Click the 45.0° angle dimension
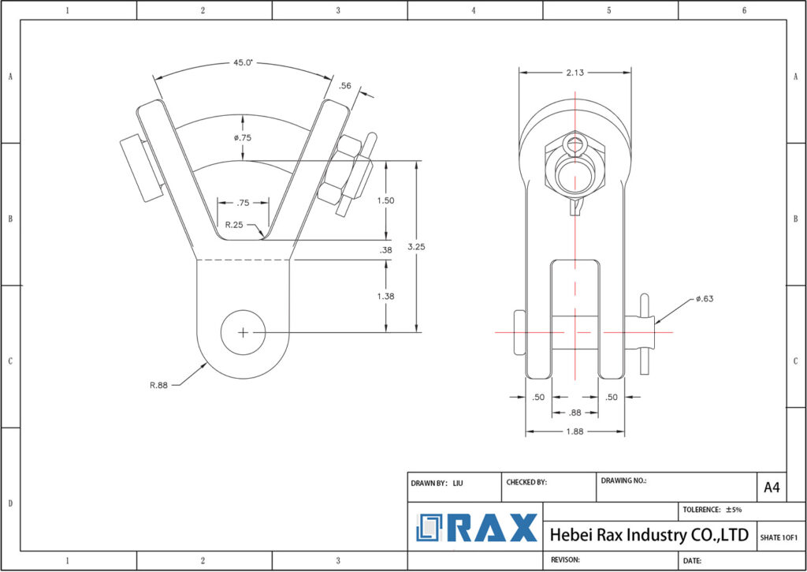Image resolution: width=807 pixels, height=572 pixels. pos(243,62)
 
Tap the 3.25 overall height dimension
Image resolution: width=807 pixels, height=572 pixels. pos(440,246)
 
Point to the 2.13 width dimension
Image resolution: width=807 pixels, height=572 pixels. pos(575,73)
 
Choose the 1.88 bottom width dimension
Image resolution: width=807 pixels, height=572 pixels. pos(575,432)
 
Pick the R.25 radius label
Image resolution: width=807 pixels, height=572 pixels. pos(234,225)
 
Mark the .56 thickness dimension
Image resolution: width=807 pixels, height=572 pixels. pos(344,86)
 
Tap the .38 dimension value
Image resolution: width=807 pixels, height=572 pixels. pos(385,250)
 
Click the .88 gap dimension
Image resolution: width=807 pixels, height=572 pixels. pos(575,413)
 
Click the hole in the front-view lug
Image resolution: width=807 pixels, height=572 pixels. pos(243,332)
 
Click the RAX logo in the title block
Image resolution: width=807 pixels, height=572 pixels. pos(477,527)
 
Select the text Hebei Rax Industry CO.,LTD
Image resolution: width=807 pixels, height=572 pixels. pos(649,535)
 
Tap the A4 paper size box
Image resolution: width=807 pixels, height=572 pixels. pos(771,488)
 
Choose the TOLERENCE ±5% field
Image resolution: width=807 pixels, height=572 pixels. pos(712,510)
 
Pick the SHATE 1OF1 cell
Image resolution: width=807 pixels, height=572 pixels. pos(779,537)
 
